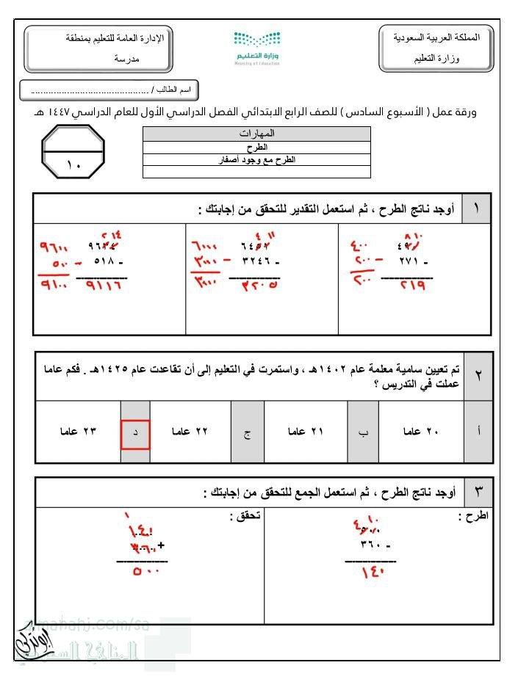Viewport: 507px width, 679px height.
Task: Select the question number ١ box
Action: [478, 210]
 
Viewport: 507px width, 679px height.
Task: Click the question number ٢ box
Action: [478, 376]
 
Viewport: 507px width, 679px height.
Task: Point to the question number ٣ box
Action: [478, 492]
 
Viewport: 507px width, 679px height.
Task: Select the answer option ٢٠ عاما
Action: [420, 432]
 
